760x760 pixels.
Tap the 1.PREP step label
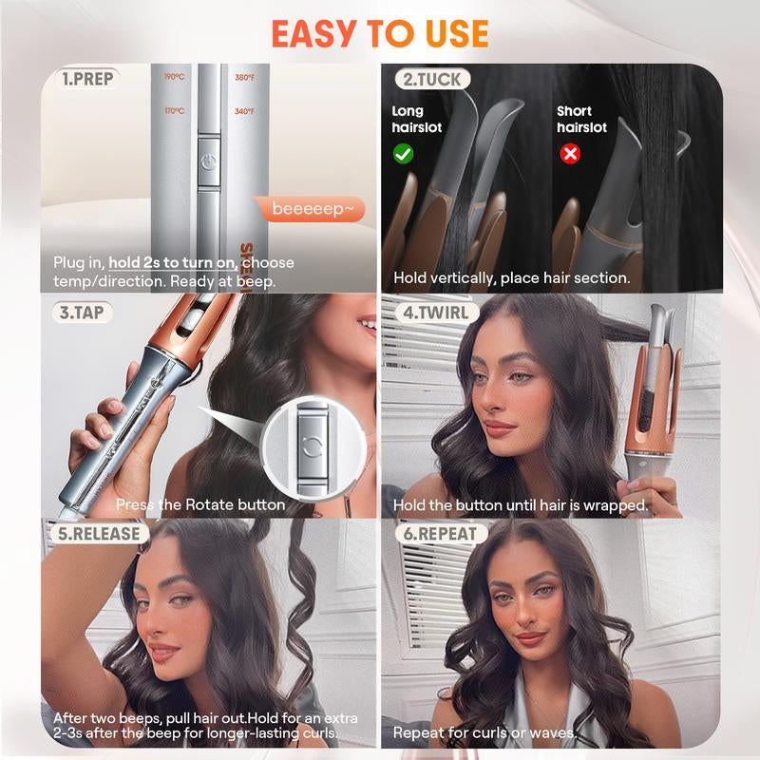(x=88, y=79)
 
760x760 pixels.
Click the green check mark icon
(x=403, y=152)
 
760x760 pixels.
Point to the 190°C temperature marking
(x=174, y=78)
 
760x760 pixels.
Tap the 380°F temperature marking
(x=245, y=78)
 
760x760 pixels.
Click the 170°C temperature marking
(x=174, y=112)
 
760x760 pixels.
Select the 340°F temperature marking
(x=245, y=112)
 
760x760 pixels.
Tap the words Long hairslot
(x=417, y=119)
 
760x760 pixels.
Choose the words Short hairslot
(x=580, y=119)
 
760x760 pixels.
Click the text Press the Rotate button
(x=199, y=504)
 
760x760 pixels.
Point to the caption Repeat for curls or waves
(x=484, y=733)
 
